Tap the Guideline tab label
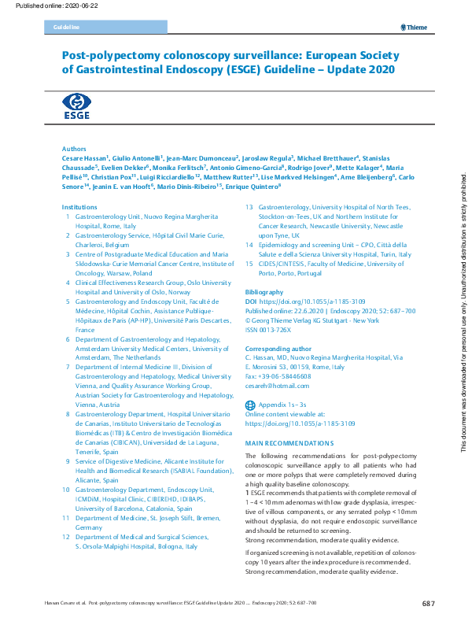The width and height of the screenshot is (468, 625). coord(67,28)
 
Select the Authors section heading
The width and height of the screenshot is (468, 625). coord(74,148)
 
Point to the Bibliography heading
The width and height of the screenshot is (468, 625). coord(265,291)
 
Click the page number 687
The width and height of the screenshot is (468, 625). coord(428,604)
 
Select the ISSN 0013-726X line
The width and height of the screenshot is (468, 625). coord(270,330)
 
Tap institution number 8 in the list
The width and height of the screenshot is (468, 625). coord(68,413)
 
